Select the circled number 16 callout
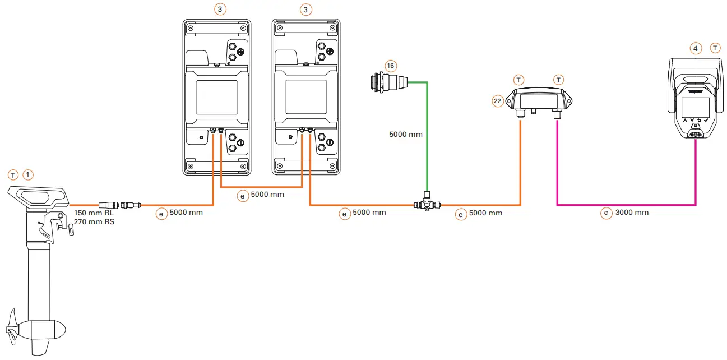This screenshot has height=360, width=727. click(391, 66)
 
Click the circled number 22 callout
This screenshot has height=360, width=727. click(497, 101)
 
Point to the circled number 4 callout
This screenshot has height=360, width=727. click(696, 49)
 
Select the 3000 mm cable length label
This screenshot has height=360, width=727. click(633, 213)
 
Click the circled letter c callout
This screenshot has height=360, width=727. click(606, 213)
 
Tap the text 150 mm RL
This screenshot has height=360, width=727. click(94, 214)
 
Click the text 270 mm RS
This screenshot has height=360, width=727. click(94, 222)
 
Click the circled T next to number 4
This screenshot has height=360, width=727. click(715, 49)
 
